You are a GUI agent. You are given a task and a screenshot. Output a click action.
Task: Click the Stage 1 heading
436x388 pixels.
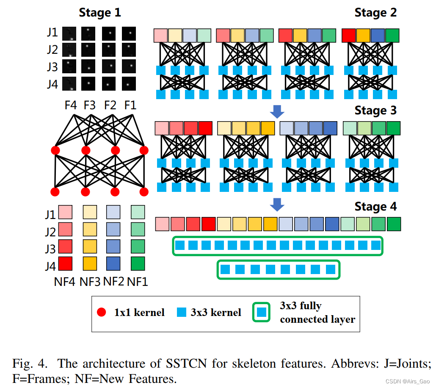[100, 13]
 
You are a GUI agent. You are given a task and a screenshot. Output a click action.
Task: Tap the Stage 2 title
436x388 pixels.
[375, 13]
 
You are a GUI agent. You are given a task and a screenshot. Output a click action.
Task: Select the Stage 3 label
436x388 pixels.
[375, 110]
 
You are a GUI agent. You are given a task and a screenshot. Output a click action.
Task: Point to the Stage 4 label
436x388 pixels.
[375, 206]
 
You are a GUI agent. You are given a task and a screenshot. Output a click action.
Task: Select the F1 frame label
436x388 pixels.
[130, 105]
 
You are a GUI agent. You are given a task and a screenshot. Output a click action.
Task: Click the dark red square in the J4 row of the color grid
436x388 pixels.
[65, 263]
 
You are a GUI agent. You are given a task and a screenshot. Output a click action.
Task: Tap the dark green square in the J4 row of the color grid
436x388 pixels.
[138, 263]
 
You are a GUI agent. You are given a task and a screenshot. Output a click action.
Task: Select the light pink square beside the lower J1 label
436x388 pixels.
[65, 212]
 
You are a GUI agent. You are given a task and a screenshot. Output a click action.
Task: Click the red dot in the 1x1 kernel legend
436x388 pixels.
[101, 313]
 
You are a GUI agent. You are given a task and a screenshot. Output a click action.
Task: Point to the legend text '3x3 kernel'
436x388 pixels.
[216, 313]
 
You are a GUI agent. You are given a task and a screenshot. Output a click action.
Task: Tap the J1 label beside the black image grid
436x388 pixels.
[52, 33]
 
